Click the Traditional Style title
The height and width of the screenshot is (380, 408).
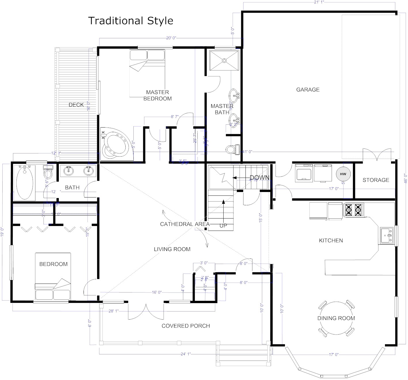click(x=131, y=21)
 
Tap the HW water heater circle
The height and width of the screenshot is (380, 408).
click(x=343, y=174)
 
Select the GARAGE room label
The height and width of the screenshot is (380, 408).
click(x=308, y=90)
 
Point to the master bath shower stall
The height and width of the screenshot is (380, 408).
click(x=224, y=60)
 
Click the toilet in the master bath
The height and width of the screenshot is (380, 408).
click(x=232, y=149)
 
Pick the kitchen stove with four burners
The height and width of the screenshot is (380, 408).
click(x=353, y=210)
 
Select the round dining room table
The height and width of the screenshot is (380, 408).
click(x=336, y=318)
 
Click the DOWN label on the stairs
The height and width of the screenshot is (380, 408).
click(x=259, y=178)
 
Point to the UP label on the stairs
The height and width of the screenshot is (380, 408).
click(x=223, y=226)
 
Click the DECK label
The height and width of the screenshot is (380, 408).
click(x=76, y=105)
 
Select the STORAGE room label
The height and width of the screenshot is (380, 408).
click(x=376, y=180)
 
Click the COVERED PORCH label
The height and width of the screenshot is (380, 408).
click(x=186, y=326)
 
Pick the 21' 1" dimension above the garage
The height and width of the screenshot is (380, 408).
click(x=319, y=3)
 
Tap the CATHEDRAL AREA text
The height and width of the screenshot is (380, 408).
click(x=185, y=224)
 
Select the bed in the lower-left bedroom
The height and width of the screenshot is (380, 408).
click(x=53, y=276)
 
